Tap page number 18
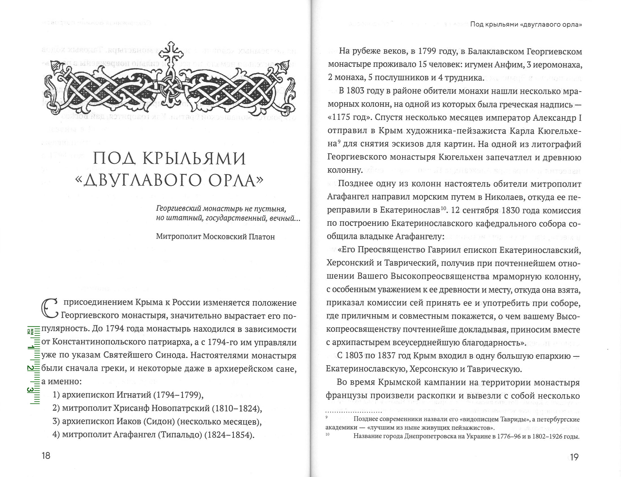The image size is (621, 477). [x=46, y=456]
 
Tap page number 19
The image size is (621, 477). [x=574, y=457]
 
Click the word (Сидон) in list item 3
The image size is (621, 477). [x=159, y=422]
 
